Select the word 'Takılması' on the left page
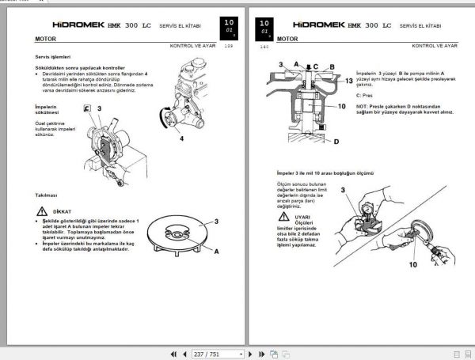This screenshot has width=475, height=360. (47, 195)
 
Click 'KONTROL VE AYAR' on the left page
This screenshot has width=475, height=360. (192, 45)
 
